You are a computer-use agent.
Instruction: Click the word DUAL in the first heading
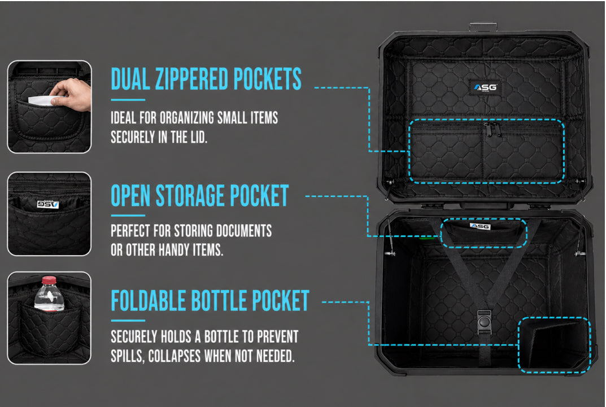pyautogui.click(x=130, y=79)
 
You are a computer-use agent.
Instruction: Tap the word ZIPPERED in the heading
pyautogui.click(x=191, y=79)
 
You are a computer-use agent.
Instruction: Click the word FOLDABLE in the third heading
pyautogui.click(x=149, y=300)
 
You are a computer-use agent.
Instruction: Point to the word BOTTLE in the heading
pyautogui.click(x=219, y=300)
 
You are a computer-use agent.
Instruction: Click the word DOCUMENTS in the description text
pyautogui.click(x=244, y=230)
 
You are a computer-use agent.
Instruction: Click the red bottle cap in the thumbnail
pyautogui.click(x=49, y=280)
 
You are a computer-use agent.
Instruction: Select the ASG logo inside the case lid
pyautogui.click(x=485, y=87)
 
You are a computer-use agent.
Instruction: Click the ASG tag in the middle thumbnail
pyautogui.click(x=48, y=204)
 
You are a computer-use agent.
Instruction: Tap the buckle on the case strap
pyautogui.click(x=484, y=322)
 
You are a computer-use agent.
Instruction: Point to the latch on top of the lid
pyautogui.click(x=483, y=27)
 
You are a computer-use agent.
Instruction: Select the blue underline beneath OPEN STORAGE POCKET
pyautogui.click(x=128, y=216)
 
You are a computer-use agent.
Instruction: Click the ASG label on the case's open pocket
pyautogui.click(x=480, y=226)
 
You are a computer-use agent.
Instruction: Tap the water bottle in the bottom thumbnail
pyautogui.click(x=49, y=294)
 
